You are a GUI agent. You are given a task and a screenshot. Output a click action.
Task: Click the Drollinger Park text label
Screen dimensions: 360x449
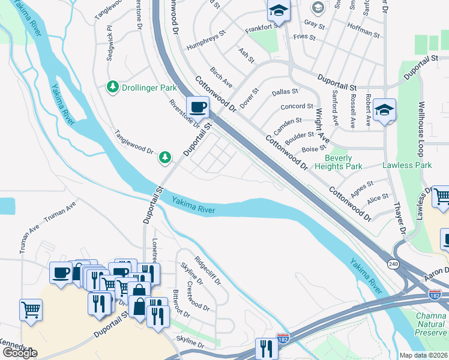pyautogui.click(x=146, y=88)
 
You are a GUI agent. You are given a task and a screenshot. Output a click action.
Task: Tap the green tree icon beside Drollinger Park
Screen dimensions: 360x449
pyautogui.click(x=112, y=88)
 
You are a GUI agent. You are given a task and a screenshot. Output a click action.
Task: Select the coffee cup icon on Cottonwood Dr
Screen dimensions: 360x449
pyautogui.click(x=197, y=108)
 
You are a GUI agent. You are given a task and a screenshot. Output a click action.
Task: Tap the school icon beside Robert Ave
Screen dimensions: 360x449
pyautogui.click(x=384, y=110)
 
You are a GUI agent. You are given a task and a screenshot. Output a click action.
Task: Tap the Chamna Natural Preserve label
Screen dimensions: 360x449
pyautogui.click(x=433, y=324)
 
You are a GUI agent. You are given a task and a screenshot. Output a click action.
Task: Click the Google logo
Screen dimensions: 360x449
pyautogui.click(x=20, y=353)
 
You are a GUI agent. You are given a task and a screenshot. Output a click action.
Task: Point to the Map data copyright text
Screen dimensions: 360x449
pyautogui.click(x=424, y=355)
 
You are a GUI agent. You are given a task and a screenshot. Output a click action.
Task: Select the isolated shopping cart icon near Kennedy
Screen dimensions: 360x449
pyautogui.click(x=31, y=310)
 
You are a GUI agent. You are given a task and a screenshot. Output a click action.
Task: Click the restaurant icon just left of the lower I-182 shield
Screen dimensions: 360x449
pyautogui.click(x=265, y=349)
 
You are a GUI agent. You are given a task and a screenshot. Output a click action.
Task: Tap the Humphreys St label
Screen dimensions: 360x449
pyautogui.click(x=204, y=34)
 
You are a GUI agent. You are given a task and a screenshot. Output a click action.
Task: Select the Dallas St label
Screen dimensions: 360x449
pyautogui.click(x=285, y=92)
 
